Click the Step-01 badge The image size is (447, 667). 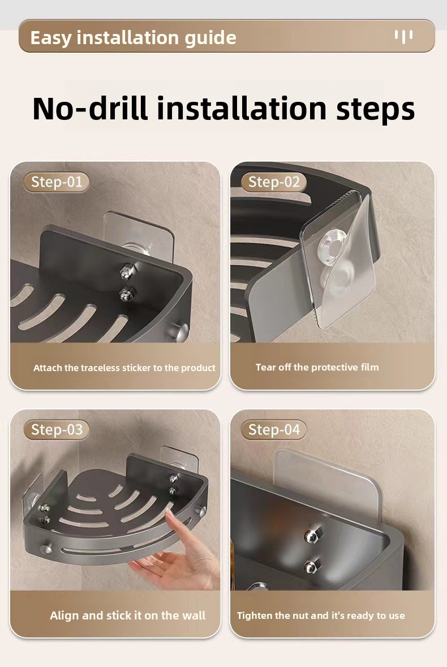click(56, 182)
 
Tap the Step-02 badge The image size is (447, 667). click(274, 182)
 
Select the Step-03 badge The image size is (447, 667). click(56, 429)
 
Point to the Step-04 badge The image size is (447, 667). click(274, 429)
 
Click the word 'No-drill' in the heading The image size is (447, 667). click(90, 108)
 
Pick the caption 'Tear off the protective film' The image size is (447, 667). click(317, 367)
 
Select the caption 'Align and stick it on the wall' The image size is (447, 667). click(127, 616)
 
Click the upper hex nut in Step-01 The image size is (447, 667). click(127, 272)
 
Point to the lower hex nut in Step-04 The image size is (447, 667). click(311, 566)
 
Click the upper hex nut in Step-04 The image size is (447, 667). click(312, 535)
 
